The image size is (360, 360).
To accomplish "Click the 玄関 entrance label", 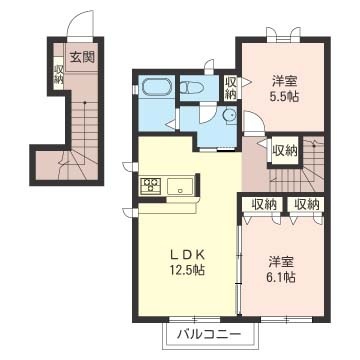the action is [x=82, y=58].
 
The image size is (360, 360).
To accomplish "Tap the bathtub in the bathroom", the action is [x=156, y=87].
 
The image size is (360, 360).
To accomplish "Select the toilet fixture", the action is [x=193, y=87].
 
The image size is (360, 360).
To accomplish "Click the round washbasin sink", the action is [x=230, y=115].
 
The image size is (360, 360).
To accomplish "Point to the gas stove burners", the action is [x=151, y=185].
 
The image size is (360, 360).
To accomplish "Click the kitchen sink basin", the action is [x=180, y=186].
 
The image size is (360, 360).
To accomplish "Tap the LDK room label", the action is [x=187, y=255].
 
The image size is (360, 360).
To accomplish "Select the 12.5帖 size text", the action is [x=187, y=269].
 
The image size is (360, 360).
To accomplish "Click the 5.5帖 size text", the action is [x=284, y=96].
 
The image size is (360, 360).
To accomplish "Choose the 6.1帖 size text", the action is [x=281, y=277].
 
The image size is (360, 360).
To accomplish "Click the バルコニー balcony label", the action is [x=209, y=334].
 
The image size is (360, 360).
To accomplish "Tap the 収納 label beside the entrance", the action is [x=59, y=75].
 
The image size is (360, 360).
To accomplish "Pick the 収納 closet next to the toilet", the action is [x=230, y=87].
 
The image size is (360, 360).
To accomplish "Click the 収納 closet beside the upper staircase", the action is [x=285, y=152].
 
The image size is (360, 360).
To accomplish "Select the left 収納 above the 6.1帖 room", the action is [x=264, y=204].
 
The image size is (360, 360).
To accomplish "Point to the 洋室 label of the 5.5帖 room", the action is [x=284, y=81].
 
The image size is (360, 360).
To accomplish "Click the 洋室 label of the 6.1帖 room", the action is [x=281, y=262].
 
